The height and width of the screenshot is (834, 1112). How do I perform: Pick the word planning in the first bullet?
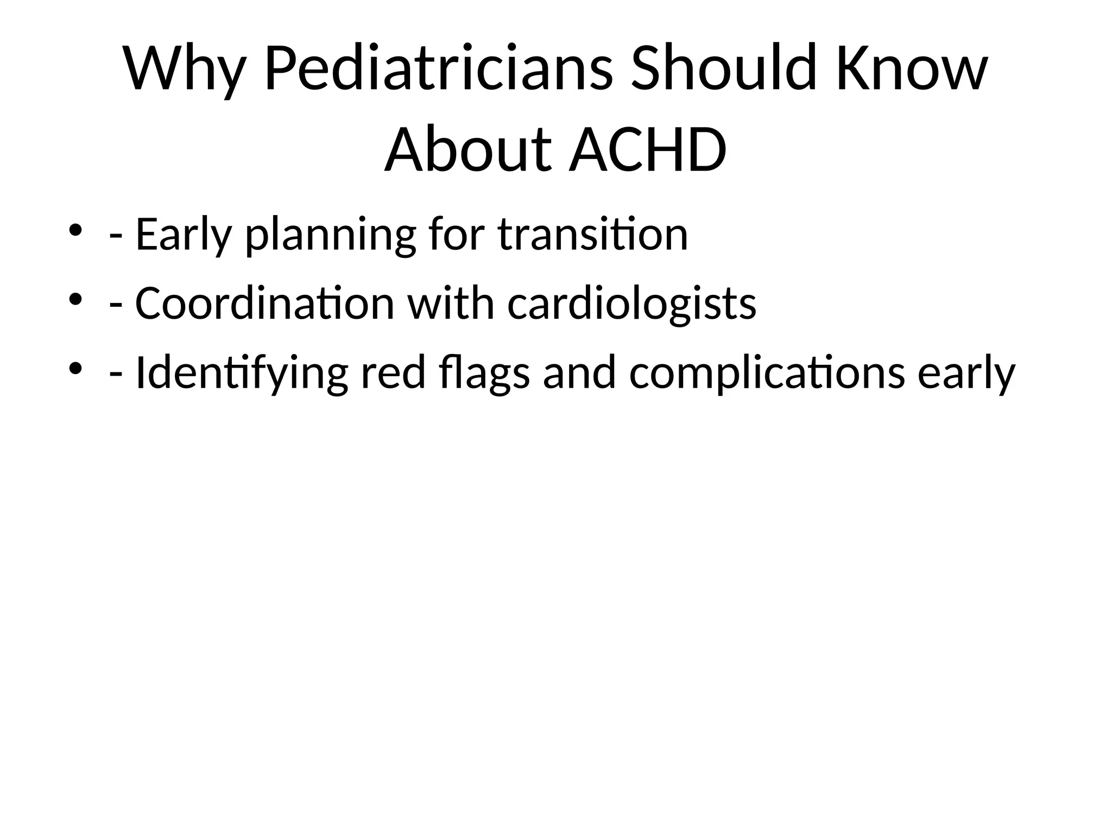click(331, 235)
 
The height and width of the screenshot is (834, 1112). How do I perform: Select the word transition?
click(592, 235)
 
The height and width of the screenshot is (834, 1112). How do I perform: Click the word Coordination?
click(264, 304)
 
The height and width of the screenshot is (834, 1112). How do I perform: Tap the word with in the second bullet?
click(451, 304)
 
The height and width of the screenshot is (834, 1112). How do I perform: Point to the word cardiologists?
click(631, 304)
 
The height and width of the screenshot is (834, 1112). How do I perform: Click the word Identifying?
click(241, 373)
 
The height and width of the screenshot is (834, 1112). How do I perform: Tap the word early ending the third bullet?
click(966, 373)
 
